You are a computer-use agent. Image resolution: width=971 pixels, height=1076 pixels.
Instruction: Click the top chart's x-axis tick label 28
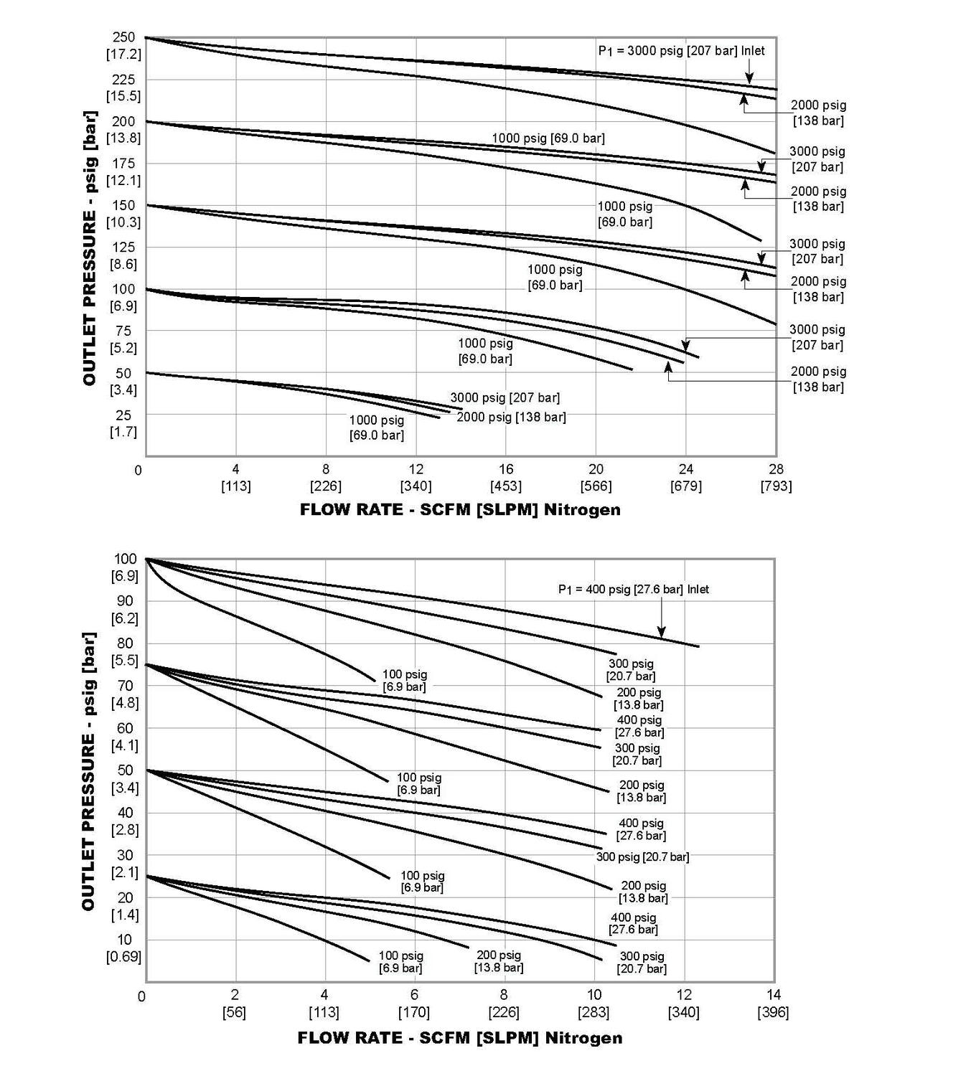(775, 469)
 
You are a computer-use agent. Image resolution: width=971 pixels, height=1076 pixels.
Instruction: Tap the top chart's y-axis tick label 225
(123, 80)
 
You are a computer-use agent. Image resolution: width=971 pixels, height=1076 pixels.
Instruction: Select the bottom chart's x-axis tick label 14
(773, 995)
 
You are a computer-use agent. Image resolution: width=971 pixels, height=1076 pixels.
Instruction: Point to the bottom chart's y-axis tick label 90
(124, 601)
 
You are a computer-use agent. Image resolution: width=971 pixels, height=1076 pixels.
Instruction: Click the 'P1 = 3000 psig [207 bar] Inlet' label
(681, 51)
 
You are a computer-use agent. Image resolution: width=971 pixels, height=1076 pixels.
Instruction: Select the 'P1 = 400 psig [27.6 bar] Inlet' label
(633, 590)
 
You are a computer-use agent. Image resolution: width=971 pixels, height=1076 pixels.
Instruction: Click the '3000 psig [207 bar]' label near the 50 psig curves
(505, 397)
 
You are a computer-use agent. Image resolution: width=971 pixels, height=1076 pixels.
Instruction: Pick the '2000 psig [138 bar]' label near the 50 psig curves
(511, 417)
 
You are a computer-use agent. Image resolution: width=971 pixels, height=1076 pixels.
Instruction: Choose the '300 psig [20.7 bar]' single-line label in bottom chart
(642, 856)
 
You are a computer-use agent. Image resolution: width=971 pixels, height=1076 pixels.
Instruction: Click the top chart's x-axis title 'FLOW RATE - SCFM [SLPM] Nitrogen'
(459, 510)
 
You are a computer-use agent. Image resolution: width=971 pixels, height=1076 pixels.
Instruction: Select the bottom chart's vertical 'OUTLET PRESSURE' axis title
(88, 772)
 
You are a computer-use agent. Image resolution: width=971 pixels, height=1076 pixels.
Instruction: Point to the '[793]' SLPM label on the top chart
(775, 486)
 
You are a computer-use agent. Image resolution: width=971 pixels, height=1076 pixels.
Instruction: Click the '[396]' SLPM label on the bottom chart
(773, 1012)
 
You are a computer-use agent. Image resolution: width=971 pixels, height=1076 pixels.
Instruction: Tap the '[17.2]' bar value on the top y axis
(123, 55)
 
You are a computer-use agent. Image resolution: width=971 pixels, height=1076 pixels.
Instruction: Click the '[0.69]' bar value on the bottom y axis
(123, 957)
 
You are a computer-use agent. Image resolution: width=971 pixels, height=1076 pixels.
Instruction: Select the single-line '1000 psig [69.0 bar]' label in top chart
(548, 138)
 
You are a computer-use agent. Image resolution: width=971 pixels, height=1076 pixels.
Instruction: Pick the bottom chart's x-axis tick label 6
(414, 995)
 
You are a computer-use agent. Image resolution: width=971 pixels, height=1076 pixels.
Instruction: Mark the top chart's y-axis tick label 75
(123, 331)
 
